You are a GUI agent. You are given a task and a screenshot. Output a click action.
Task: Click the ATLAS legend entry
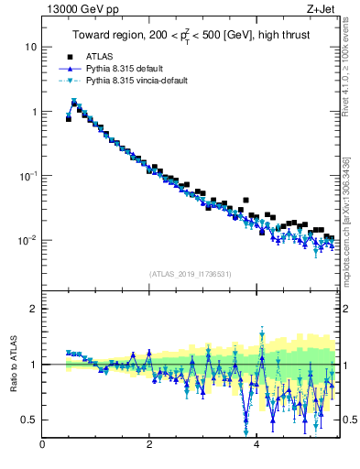tap(107, 57)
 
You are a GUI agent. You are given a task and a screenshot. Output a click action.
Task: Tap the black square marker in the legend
tap(69, 57)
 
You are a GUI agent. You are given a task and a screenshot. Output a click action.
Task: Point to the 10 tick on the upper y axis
tap(31, 47)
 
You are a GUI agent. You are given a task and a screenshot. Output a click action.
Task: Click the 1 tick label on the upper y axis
tap(34, 112)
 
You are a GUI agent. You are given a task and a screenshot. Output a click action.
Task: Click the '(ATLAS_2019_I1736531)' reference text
tap(190, 274)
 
